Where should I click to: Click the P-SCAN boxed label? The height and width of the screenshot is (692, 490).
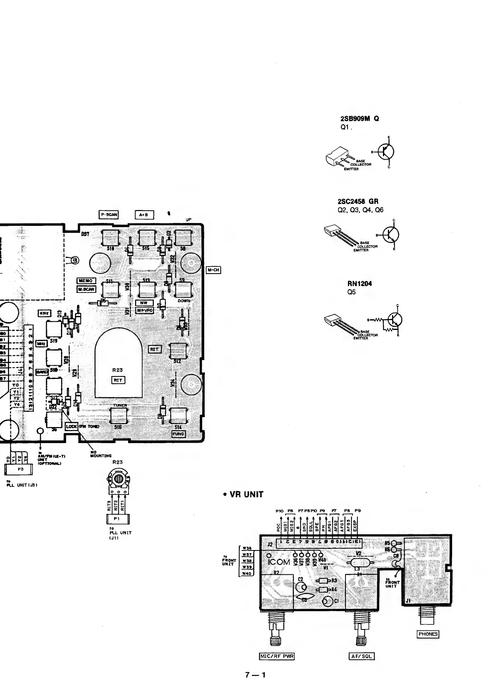(109, 214)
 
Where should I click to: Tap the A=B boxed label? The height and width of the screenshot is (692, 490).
(144, 214)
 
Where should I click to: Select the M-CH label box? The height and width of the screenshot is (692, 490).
(213, 270)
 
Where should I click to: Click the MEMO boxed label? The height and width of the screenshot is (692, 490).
(86, 281)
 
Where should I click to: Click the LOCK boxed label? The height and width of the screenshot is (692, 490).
(72, 427)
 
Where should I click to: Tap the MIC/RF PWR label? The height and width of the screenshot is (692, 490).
(276, 656)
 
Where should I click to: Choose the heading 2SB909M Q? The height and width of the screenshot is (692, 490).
(358, 118)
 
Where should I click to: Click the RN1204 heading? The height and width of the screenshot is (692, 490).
(357, 283)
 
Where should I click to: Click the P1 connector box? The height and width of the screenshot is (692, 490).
(116, 519)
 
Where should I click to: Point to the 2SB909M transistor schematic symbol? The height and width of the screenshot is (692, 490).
(386, 152)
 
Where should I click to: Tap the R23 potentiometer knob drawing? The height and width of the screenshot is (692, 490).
(119, 479)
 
